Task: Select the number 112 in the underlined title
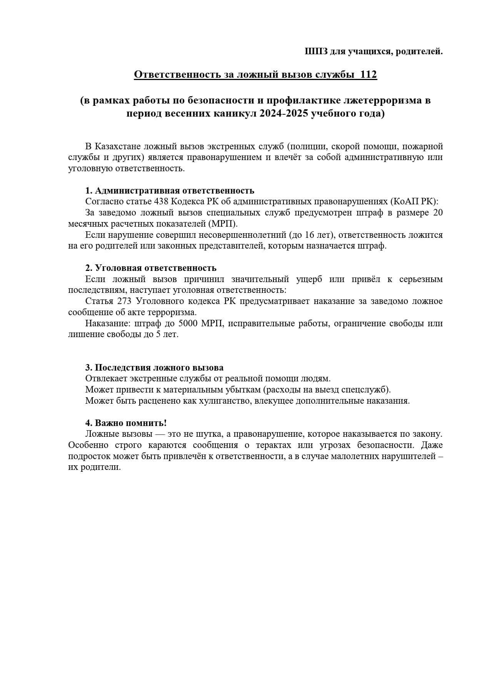tap(369, 74)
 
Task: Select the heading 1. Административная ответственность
tap(170, 190)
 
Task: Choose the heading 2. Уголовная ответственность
tap(151, 268)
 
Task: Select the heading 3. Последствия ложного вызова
tap(154, 368)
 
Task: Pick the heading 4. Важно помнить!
tap(126, 423)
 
